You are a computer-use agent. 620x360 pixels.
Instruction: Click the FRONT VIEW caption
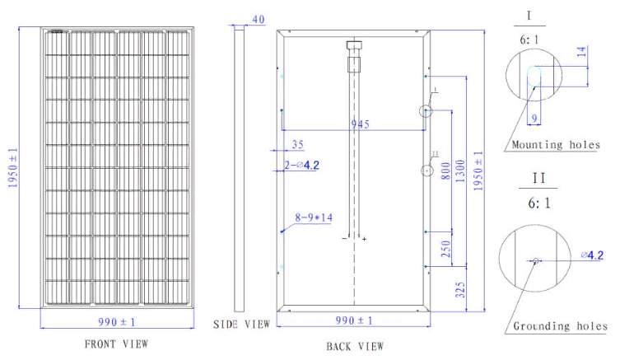click(x=116, y=344)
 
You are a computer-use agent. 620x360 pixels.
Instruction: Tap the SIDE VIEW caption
click(x=241, y=325)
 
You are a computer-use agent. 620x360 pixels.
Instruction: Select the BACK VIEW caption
click(x=355, y=347)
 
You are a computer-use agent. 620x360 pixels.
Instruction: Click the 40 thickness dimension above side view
click(x=259, y=20)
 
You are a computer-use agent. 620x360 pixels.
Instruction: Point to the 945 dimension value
click(x=360, y=124)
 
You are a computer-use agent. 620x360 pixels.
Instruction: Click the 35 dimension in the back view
click(x=298, y=144)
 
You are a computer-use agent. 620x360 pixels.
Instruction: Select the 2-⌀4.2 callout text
click(x=301, y=165)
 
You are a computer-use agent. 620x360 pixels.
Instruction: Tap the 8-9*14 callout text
click(x=314, y=217)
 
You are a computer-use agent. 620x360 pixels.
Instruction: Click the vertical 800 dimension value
click(x=445, y=171)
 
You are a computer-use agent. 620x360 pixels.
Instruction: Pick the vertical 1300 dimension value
click(x=460, y=171)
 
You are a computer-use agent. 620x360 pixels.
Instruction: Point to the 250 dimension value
click(x=445, y=249)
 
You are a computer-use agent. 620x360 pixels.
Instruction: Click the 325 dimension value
click(x=460, y=290)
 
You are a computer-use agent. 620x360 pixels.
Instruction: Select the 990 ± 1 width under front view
click(x=117, y=322)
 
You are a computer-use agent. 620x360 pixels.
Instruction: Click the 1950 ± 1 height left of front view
click(x=12, y=168)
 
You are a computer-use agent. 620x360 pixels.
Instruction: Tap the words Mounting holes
click(x=556, y=145)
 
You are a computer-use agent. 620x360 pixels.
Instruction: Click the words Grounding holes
click(x=560, y=326)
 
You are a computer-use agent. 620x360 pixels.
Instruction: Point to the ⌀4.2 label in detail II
click(x=592, y=255)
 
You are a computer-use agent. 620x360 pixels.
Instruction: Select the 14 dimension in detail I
click(x=580, y=51)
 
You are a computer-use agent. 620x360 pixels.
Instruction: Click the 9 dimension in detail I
click(x=534, y=119)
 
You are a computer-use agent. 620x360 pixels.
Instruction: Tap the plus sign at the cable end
click(x=364, y=239)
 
